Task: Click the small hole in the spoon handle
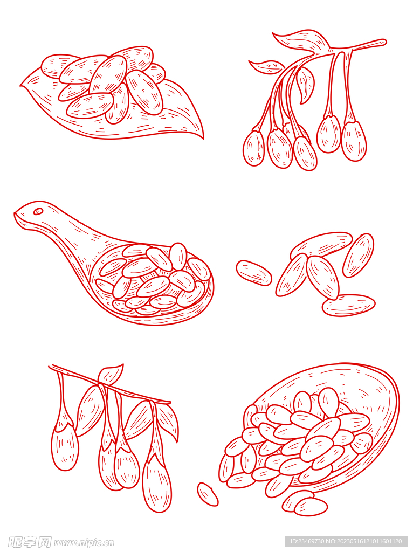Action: click(38, 211)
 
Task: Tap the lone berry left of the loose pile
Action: click(254, 272)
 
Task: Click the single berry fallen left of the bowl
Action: click(208, 494)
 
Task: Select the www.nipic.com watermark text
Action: click(84, 542)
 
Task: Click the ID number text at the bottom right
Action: click(345, 541)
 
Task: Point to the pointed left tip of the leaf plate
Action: click(20, 86)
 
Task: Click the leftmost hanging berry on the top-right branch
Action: click(253, 148)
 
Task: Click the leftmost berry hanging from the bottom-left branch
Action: click(65, 447)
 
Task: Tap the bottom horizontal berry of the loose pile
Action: click(348, 305)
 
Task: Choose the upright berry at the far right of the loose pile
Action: click(358, 255)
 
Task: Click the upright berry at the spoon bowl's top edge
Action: click(178, 257)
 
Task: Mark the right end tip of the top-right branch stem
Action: click(386, 42)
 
